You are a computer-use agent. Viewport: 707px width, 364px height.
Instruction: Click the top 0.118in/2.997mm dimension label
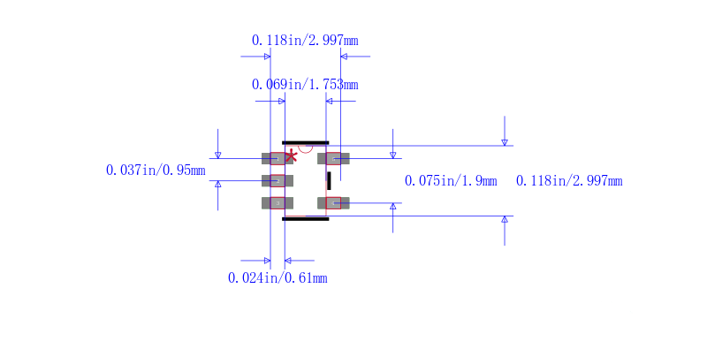[305, 41]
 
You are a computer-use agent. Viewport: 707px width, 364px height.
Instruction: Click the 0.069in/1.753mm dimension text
[305, 85]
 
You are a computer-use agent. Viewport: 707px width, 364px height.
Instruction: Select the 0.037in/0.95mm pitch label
[156, 171]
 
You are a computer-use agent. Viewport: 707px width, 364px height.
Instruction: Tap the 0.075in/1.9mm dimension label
[451, 181]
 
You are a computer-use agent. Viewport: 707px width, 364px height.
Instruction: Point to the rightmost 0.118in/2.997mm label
[569, 181]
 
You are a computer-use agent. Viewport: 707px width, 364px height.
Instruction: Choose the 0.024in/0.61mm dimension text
[277, 278]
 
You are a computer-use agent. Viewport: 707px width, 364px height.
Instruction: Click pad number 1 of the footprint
[277, 158]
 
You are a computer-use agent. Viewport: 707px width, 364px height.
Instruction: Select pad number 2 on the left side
[277, 180]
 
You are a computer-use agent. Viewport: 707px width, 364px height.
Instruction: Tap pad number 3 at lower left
[277, 203]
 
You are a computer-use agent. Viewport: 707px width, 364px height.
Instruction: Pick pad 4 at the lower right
[333, 203]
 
